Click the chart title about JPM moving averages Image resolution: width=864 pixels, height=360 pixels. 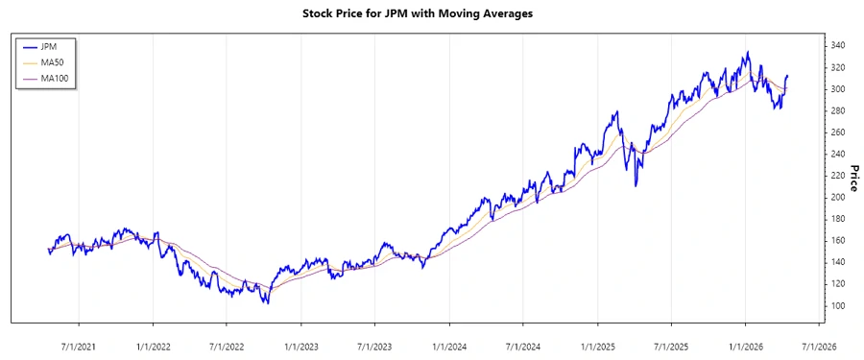430,14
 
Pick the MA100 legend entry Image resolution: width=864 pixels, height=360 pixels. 54,78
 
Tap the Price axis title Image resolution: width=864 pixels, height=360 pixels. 853,179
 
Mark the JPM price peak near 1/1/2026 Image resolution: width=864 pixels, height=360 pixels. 748,52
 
